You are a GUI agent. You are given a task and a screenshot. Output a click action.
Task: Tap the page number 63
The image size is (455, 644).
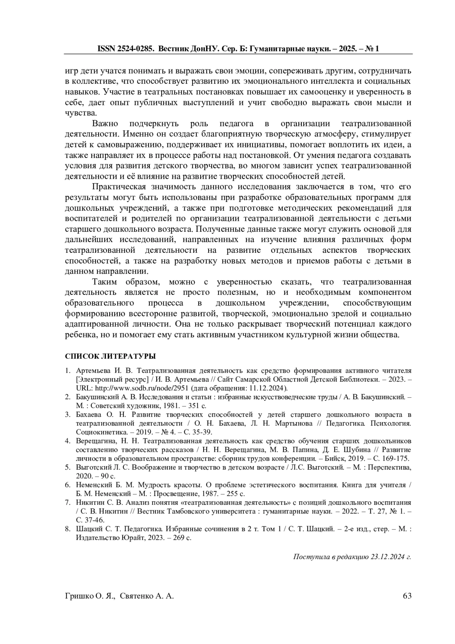(407, 596)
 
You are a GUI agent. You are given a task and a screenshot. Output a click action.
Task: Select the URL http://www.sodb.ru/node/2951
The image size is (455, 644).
(141, 388)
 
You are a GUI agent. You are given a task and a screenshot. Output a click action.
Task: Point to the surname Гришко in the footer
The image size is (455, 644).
(78, 596)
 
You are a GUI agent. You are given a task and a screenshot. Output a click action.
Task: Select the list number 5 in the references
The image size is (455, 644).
(67, 468)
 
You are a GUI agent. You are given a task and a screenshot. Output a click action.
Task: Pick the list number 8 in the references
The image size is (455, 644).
(67, 529)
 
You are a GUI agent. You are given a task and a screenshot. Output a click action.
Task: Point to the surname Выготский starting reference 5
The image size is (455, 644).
(91, 468)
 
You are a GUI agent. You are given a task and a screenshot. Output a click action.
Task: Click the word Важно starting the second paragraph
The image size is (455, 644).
(105, 124)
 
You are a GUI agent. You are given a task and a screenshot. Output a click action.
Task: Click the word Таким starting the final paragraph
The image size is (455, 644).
(105, 282)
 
